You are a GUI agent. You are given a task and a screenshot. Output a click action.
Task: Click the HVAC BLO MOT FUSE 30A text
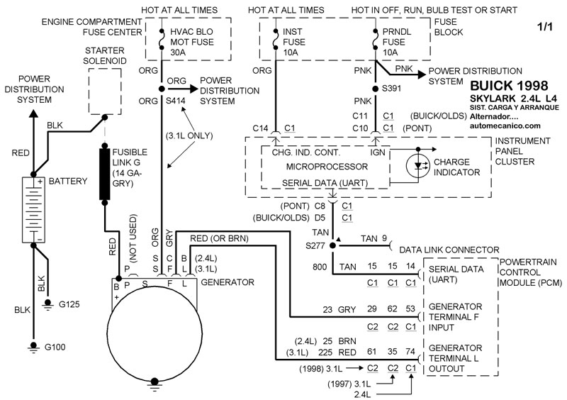coord(185,43)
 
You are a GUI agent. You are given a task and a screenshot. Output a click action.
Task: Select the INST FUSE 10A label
coord(293,43)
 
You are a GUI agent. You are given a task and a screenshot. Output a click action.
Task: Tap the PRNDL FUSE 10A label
coord(397,43)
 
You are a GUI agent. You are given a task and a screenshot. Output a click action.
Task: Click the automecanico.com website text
coord(505,126)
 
